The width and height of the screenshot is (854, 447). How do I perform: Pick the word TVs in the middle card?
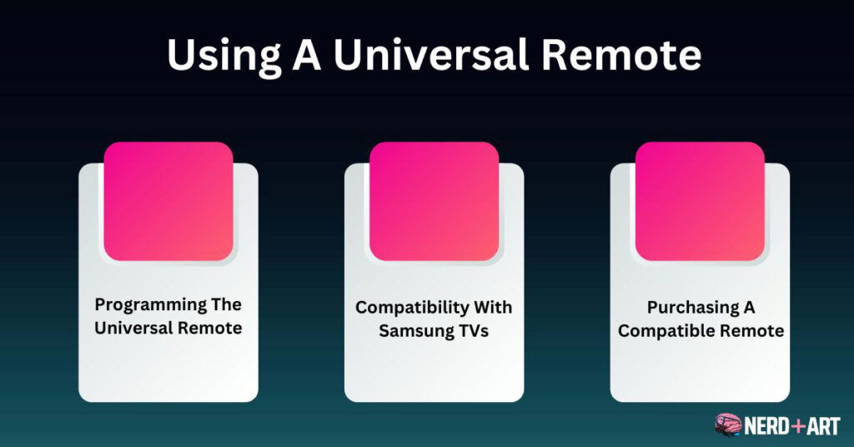click(473, 330)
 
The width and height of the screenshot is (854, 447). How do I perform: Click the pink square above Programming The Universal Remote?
click(168, 201)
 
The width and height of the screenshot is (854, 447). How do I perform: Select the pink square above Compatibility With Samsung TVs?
click(434, 201)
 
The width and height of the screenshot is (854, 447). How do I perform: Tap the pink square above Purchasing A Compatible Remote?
click(700, 201)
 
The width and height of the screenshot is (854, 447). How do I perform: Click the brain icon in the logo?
click(728, 425)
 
